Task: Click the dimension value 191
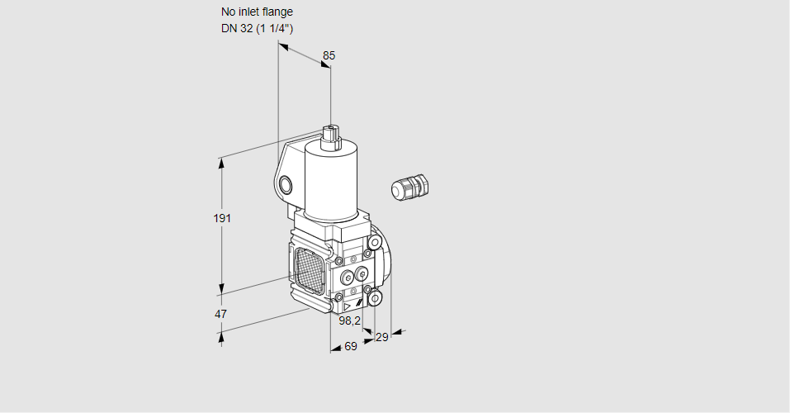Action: [222, 218]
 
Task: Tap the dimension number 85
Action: [329, 55]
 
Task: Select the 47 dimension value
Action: [220, 314]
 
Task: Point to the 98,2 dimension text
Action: [350, 320]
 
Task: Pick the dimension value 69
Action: [350, 346]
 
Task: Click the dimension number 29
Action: [382, 337]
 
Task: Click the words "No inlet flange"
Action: [257, 12]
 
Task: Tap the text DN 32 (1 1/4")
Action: [257, 28]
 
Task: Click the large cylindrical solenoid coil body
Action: [331, 181]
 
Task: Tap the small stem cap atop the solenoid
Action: [332, 136]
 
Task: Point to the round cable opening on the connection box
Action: [285, 185]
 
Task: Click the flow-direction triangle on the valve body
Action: [348, 306]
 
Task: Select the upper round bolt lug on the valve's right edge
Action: [374, 243]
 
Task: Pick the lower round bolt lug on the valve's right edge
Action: [375, 299]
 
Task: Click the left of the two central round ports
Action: [348, 278]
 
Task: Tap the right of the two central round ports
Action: [362, 274]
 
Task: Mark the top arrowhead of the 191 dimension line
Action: [220, 164]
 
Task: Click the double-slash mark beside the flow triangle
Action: [359, 304]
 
